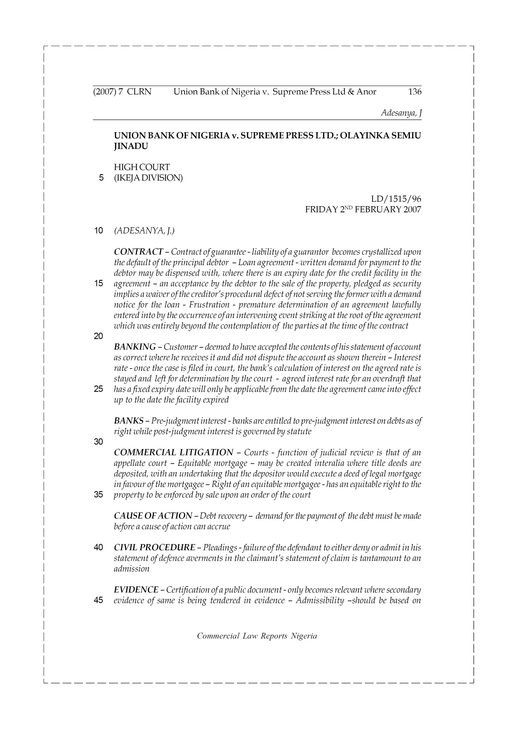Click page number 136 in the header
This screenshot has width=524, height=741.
coord(415,92)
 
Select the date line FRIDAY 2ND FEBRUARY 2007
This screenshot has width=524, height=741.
coord(363,210)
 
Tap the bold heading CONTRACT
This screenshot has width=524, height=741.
coord(138,252)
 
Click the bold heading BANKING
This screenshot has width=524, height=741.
coord(135,347)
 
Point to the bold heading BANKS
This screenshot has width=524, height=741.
coord(129,421)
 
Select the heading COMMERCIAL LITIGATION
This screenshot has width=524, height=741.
coord(173,452)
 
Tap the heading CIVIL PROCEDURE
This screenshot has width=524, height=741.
coord(154,548)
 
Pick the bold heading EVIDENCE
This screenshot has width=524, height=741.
coord(136,590)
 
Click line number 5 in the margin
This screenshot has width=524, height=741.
coord(101,178)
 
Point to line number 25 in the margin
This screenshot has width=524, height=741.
coord(98,389)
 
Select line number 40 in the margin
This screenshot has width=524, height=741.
coord(98,548)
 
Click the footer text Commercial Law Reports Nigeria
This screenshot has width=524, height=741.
coord(257,636)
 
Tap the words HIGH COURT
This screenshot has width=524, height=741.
coord(142,167)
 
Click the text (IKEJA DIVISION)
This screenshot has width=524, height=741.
coord(148,178)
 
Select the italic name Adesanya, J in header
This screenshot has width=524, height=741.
coord(401,113)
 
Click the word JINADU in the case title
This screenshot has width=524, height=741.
coord(131,146)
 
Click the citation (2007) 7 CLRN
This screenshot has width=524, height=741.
coord(122,92)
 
